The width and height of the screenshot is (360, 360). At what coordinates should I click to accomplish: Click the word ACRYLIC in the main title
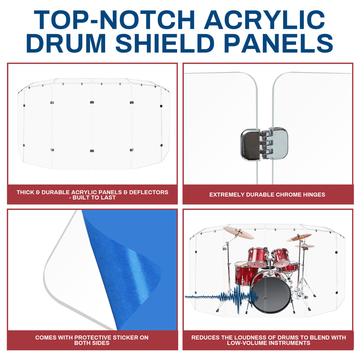(265, 20)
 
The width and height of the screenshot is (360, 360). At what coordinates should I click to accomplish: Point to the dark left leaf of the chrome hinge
(250, 144)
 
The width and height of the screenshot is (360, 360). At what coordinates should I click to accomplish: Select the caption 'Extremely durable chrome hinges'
(267, 195)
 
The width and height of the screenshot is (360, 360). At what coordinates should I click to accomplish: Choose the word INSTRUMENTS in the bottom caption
(288, 343)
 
